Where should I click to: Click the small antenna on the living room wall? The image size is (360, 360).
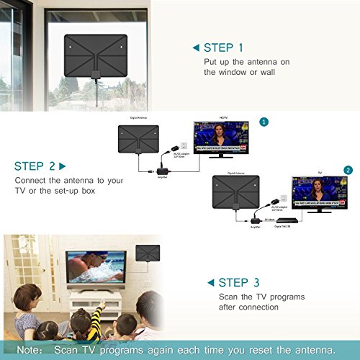[148, 254]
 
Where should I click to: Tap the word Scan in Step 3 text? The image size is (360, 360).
[230, 296]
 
